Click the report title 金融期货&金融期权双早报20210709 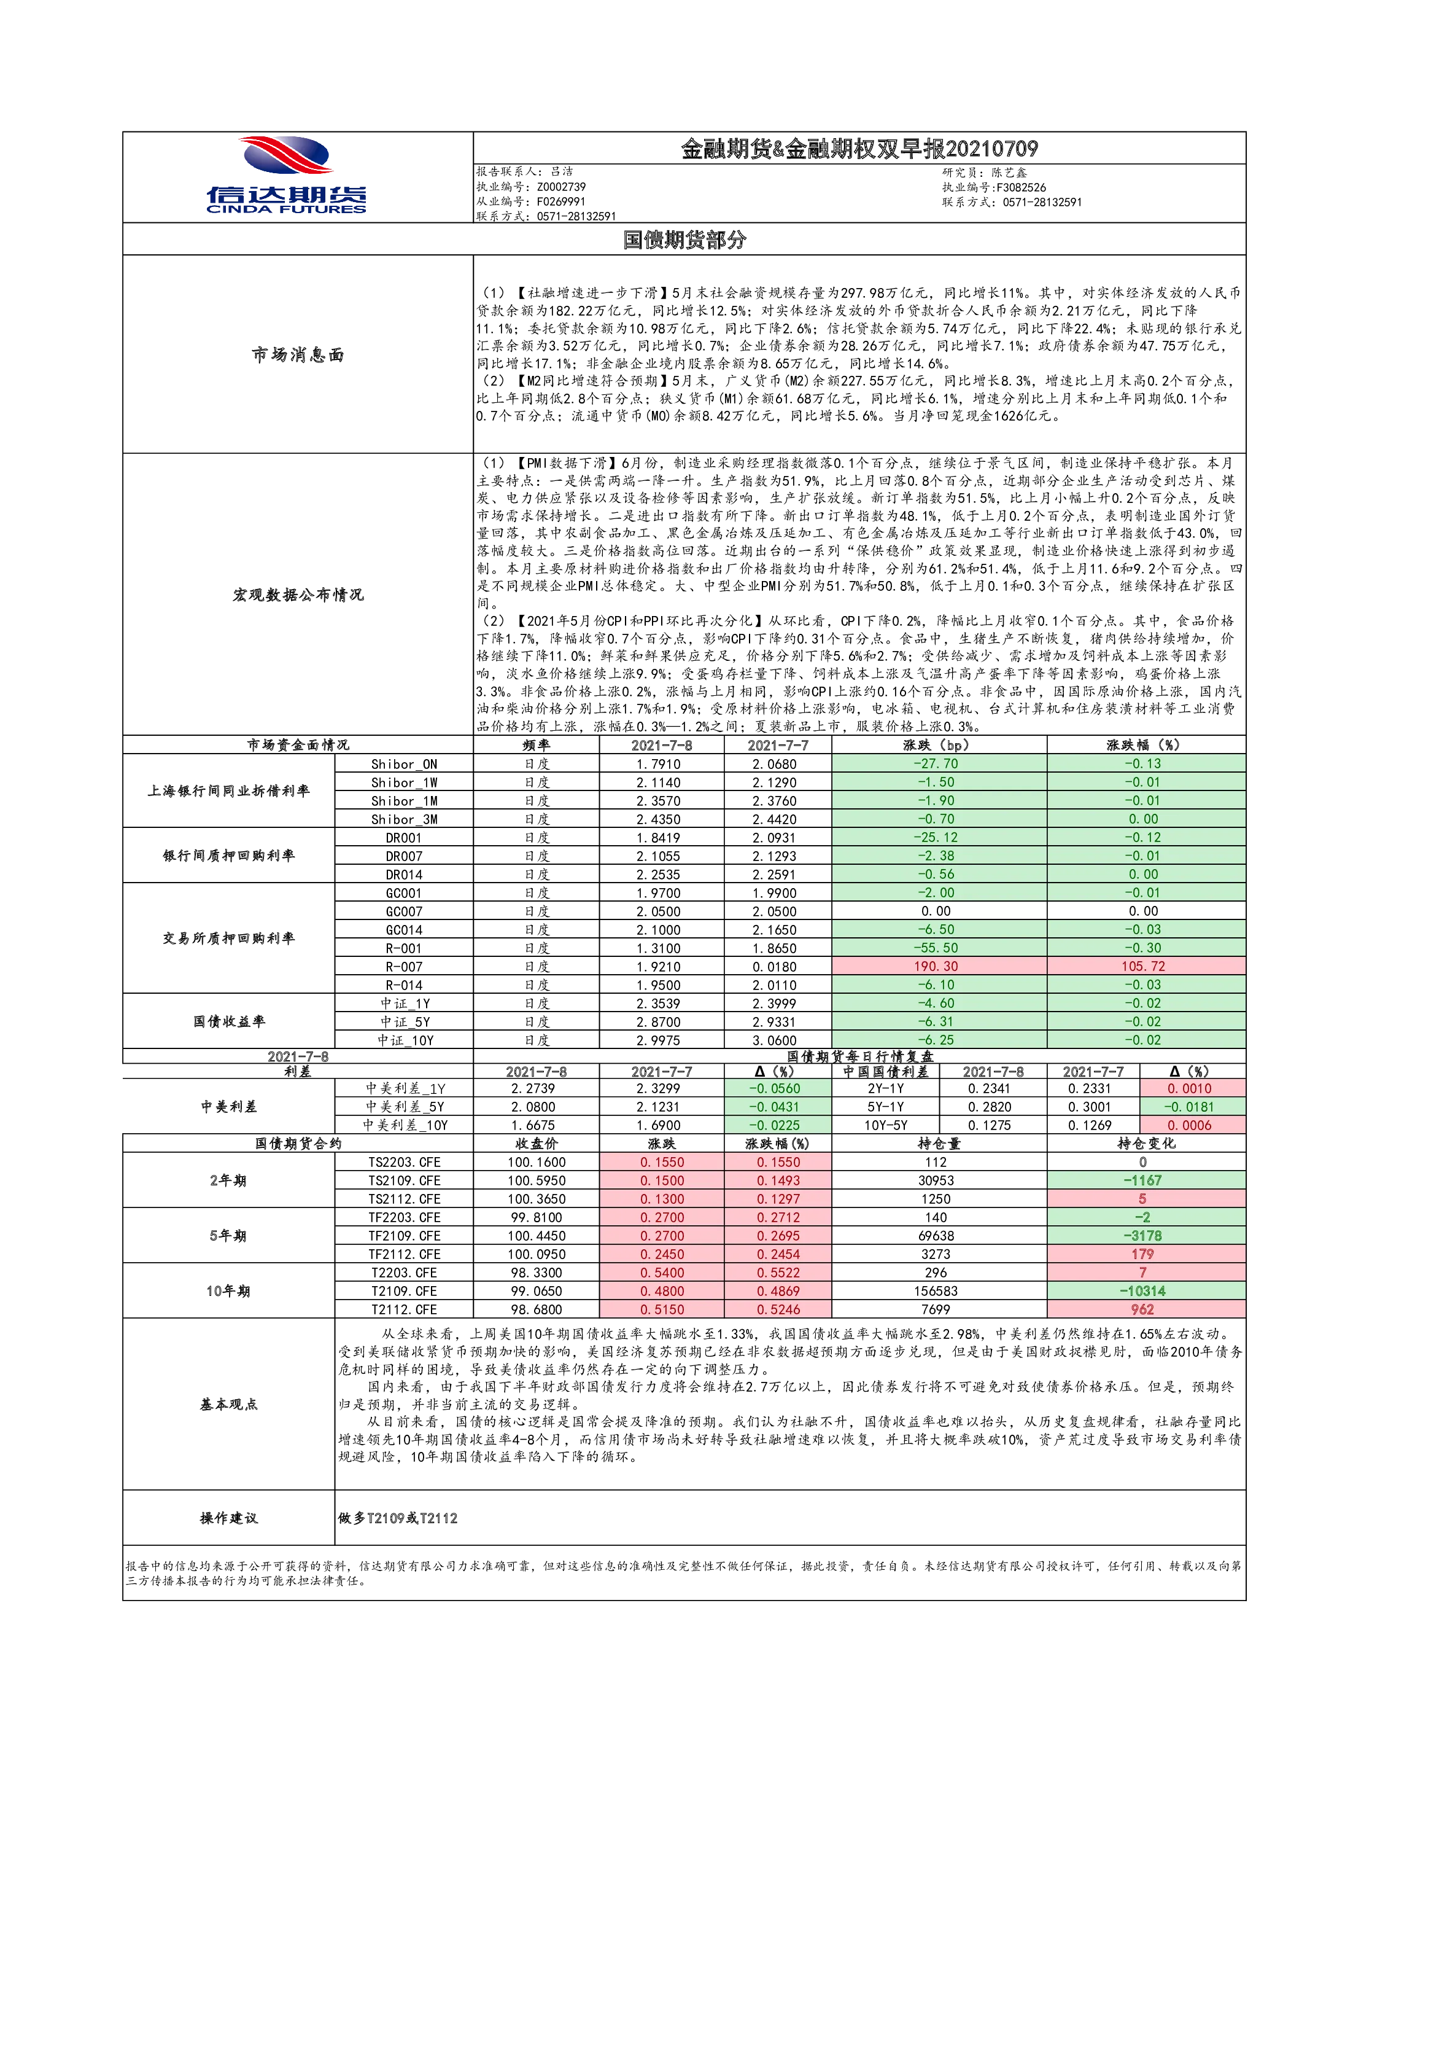[x=859, y=149]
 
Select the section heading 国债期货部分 [x=684, y=240]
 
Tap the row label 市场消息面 [x=298, y=355]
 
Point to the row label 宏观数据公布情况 [x=298, y=595]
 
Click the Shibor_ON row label [x=404, y=764]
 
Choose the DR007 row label [x=404, y=856]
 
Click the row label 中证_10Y [x=404, y=1040]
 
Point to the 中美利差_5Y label [x=404, y=1106]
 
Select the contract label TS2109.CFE [x=404, y=1180]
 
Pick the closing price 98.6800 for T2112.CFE [x=536, y=1309]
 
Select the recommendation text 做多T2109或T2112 [x=398, y=1518]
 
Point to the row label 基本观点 [x=229, y=1404]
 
